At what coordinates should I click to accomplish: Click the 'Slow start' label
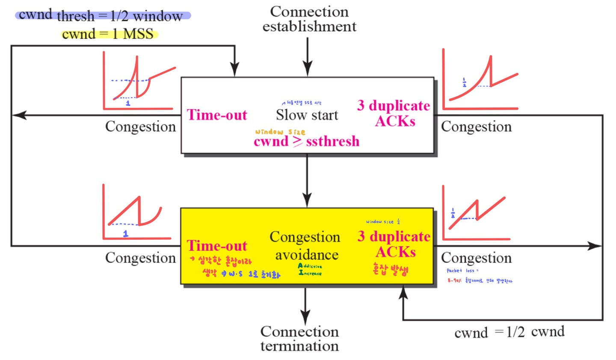pyautogui.click(x=307, y=115)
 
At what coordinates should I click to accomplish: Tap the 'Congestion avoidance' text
pyautogui.click(x=305, y=246)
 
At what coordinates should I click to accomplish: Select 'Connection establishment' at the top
pyautogui.click(x=309, y=19)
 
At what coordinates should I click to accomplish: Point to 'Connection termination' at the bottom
pyautogui.click(x=299, y=338)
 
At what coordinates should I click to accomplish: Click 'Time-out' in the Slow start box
pyautogui.click(x=217, y=115)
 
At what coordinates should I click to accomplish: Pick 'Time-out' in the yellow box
pyautogui.click(x=217, y=246)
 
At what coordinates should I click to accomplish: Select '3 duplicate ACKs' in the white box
pyautogui.click(x=394, y=113)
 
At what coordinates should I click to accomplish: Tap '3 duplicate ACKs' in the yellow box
pyautogui.click(x=394, y=244)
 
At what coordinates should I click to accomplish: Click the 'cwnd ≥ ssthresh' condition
pyautogui.click(x=306, y=141)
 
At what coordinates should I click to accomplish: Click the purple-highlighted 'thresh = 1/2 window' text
pyautogui.click(x=119, y=16)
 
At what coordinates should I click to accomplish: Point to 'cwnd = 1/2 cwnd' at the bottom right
pyautogui.click(x=509, y=332)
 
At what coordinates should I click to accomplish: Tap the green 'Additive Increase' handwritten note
pyautogui.click(x=310, y=270)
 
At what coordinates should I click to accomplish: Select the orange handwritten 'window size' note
pyautogui.click(x=280, y=132)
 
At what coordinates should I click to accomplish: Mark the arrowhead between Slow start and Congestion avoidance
pyautogui.click(x=307, y=201)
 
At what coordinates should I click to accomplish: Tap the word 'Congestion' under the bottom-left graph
pyautogui.click(x=140, y=258)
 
